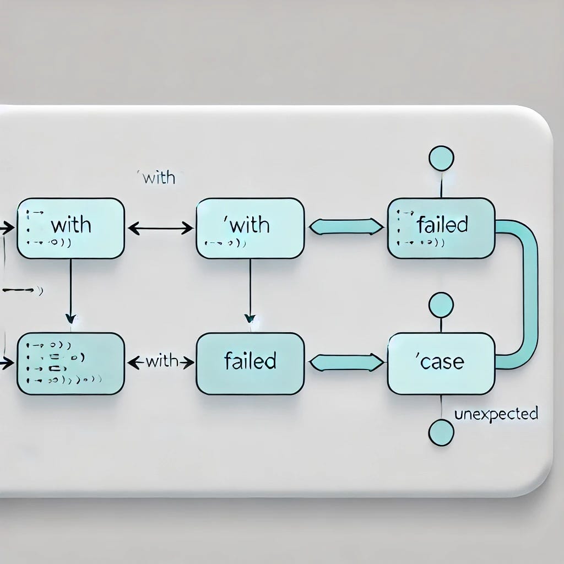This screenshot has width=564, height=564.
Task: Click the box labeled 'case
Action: click(441, 364)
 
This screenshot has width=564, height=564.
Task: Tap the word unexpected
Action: click(496, 414)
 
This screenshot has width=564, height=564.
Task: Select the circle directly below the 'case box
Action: click(441, 432)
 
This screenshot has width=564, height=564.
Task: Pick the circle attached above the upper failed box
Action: click(441, 158)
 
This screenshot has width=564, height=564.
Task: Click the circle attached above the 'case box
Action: click(441, 305)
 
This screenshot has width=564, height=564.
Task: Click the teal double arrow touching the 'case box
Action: click(346, 362)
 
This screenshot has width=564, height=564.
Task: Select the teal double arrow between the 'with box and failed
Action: click(346, 226)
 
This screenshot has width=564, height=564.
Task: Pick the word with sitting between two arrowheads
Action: click(161, 362)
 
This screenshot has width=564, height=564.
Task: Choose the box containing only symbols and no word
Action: click(70, 364)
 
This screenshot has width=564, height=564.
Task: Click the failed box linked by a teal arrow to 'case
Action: click(250, 364)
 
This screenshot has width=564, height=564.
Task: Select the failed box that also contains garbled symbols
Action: click(441, 228)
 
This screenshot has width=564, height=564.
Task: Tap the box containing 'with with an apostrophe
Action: click(250, 228)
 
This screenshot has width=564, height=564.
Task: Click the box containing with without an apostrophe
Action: click(70, 228)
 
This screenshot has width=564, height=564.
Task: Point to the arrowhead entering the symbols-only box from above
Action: click(70, 318)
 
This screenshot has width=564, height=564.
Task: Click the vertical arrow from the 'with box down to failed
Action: click(250, 289)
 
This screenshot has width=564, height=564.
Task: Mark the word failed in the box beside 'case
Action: click(250, 361)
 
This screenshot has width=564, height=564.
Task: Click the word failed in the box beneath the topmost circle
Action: click(442, 225)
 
